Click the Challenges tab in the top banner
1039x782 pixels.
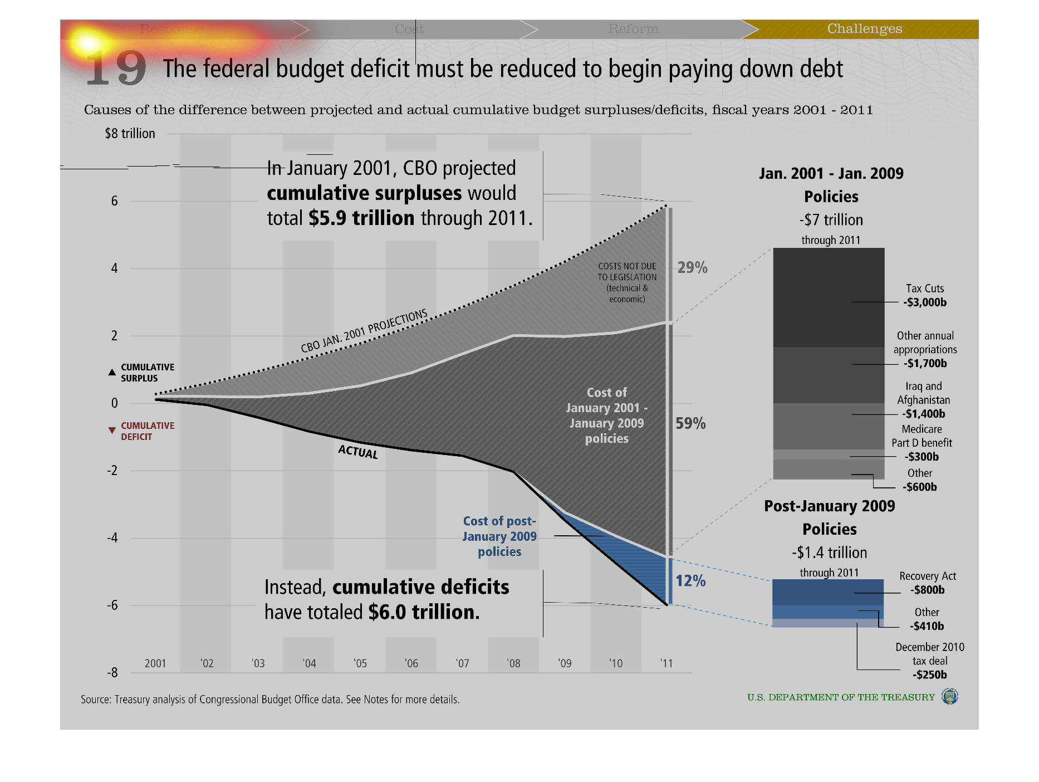coord(864,29)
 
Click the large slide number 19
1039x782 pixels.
coord(116,69)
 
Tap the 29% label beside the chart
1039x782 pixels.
coord(692,268)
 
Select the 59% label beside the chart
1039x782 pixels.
coord(690,424)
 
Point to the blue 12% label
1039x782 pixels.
coord(690,581)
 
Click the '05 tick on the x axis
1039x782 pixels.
coord(360,663)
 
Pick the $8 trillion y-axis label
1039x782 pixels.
coord(130,134)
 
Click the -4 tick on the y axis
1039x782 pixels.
coord(112,538)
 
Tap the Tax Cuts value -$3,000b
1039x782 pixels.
coord(925,302)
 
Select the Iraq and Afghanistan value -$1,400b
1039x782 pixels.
coord(924,414)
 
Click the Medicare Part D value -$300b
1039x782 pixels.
coord(922,457)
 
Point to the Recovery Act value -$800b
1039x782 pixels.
coord(928,590)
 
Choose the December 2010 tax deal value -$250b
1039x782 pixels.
coord(930,675)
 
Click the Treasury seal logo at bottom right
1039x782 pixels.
coord(949,696)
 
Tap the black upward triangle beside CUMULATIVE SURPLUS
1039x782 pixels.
coord(112,372)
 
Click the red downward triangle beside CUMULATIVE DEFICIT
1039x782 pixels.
coord(112,431)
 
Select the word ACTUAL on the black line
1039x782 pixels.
coord(358,452)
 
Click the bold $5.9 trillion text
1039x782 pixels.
coord(361,218)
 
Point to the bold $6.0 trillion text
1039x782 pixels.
coord(424,612)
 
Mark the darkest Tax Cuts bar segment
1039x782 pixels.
coord(829,297)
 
